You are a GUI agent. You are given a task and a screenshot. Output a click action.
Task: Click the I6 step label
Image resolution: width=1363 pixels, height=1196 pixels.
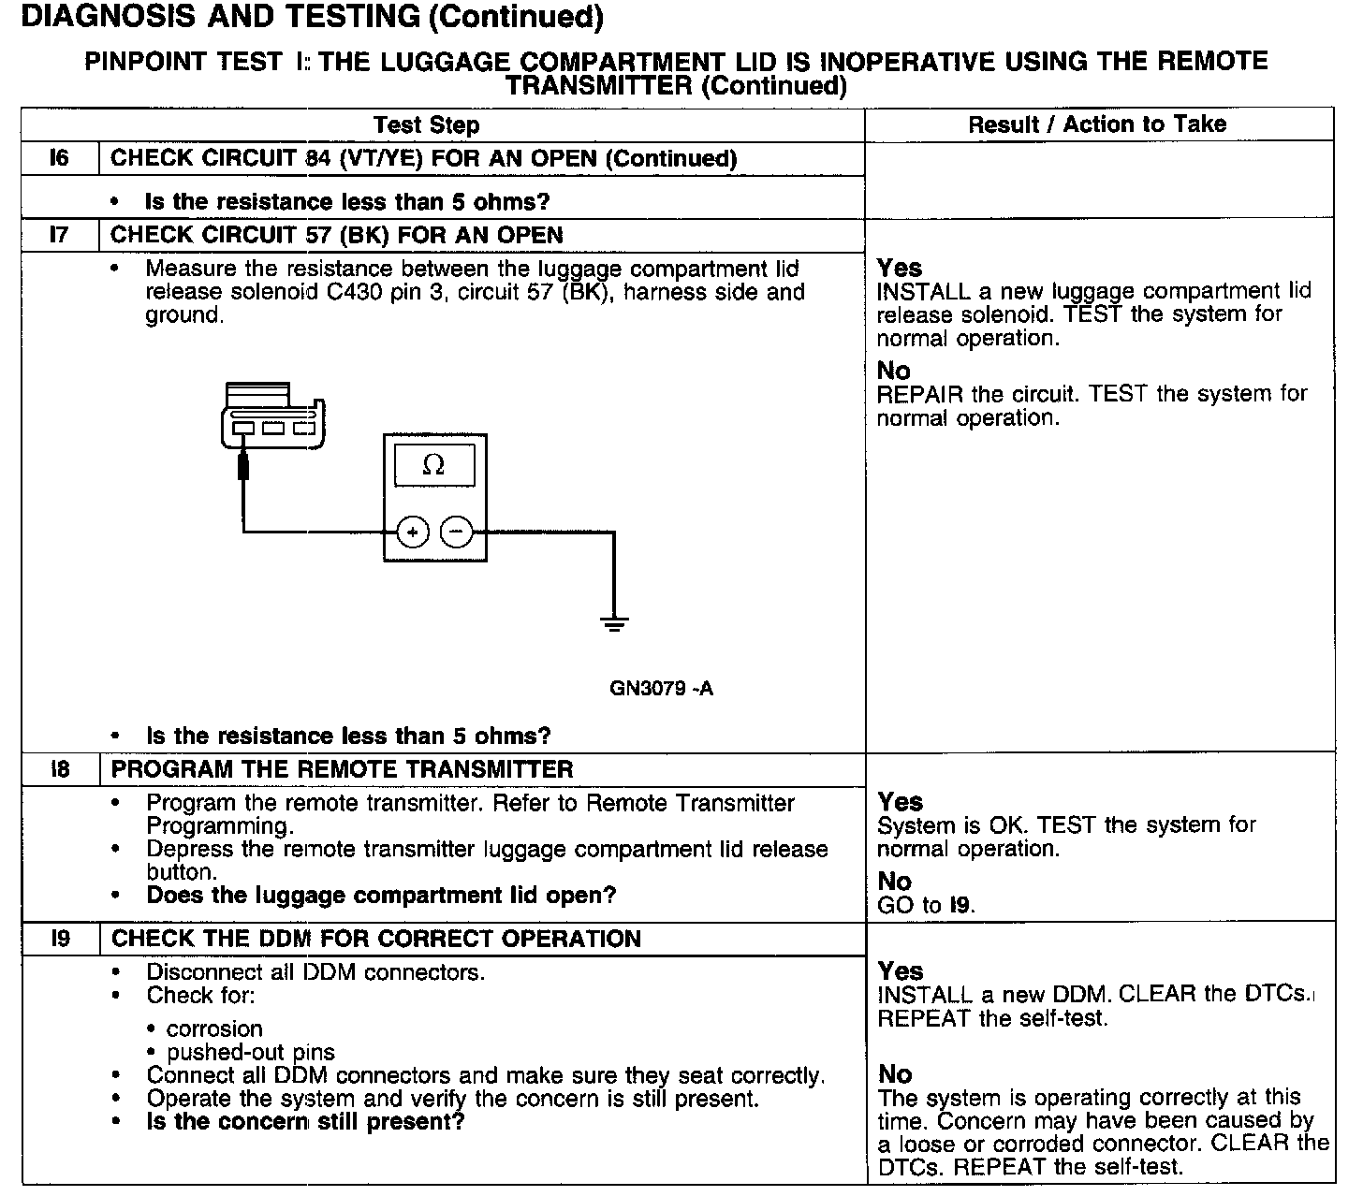tap(59, 158)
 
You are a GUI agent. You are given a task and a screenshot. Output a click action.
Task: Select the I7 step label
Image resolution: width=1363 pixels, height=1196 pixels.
tap(59, 235)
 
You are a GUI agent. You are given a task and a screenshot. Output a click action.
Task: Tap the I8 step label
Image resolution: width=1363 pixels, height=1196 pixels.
tap(60, 769)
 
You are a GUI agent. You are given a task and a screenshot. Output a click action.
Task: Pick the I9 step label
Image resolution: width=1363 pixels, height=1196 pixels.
tap(60, 939)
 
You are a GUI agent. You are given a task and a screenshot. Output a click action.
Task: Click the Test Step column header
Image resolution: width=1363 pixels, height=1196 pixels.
tap(426, 125)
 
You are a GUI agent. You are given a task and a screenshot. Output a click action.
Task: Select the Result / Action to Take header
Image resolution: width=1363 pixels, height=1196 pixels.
tap(1097, 124)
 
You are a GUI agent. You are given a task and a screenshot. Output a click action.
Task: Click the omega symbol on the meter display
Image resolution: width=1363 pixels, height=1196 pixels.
tap(433, 465)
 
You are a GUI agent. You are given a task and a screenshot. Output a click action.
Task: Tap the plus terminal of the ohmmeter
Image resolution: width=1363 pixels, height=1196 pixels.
tap(413, 532)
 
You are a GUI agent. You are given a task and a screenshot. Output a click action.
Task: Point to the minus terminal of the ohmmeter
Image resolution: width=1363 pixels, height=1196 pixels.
tap(457, 532)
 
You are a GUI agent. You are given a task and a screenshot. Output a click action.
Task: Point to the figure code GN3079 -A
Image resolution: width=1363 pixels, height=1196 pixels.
tap(661, 689)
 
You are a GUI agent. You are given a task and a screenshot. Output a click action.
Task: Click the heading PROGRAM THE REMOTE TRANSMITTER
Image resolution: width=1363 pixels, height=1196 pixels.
tap(342, 769)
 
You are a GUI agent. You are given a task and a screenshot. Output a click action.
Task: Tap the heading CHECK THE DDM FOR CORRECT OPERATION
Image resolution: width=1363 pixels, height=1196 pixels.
tap(375, 939)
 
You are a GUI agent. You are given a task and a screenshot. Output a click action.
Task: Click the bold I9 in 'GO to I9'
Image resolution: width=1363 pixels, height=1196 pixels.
tap(960, 905)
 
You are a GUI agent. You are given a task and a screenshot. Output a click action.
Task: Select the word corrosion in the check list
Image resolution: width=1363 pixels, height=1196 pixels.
tap(214, 1028)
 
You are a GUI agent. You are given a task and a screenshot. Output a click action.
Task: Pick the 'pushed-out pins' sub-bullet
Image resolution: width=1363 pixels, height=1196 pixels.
tap(250, 1052)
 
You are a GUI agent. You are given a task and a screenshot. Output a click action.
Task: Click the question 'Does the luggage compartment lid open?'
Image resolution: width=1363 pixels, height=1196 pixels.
tap(381, 895)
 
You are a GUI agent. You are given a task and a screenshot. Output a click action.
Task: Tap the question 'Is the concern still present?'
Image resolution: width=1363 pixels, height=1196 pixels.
tap(305, 1121)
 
